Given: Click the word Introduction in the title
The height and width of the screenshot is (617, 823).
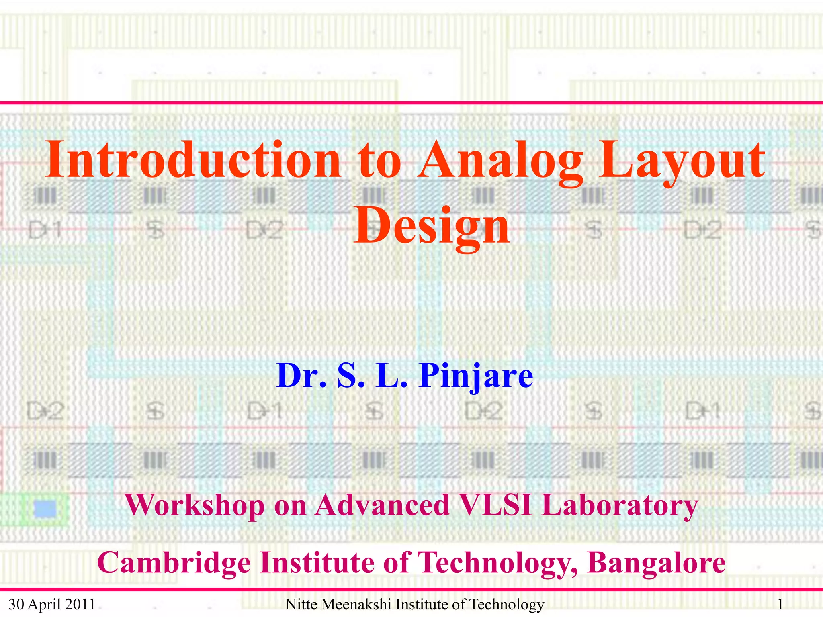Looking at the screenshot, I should tap(193, 160).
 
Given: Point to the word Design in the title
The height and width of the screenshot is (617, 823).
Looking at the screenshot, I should tap(432, 226).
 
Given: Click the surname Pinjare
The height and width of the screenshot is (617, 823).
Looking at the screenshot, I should tap(476, 376).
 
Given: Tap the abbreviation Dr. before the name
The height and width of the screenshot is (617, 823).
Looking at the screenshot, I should tap(301, 376).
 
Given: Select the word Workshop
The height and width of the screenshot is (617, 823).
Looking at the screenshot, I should tap(194, 505).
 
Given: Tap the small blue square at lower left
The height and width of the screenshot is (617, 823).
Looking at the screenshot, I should tap(45, 509).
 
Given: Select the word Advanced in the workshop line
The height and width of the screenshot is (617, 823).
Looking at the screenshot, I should tap(382, 505).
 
